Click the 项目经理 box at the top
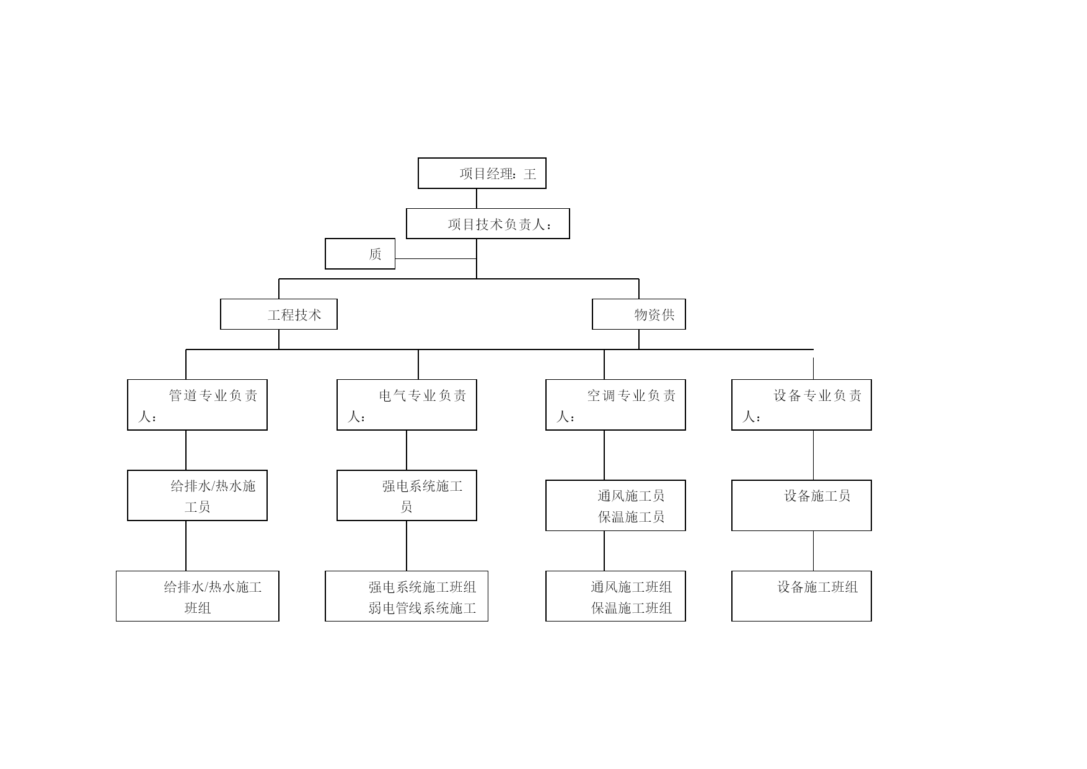[x=482, y=173]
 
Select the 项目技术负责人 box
[x=488, y=224]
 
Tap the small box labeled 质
[x=360, y=254]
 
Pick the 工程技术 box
[x=279, y=314]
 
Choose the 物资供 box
[x=639, y=314]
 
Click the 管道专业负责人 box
[x=197, y=405]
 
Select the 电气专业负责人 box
[x=407, y=405]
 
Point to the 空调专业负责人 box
[x=615, y=405]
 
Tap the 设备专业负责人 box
[x=801, y=405]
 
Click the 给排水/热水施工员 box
[x=197, y=495]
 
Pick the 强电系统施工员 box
[x=407, y=495]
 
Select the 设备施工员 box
[x=801, y=505]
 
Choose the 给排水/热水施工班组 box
[x=198, y=596]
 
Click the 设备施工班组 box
[x=801, y=596]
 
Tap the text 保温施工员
[x=631, y=517]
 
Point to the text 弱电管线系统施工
[x=422, y=608]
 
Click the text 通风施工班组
[x=631, y=587]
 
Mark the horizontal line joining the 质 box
[x=436, y=258]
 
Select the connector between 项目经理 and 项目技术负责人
[x=477, y=198]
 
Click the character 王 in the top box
[x=530, y=174]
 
